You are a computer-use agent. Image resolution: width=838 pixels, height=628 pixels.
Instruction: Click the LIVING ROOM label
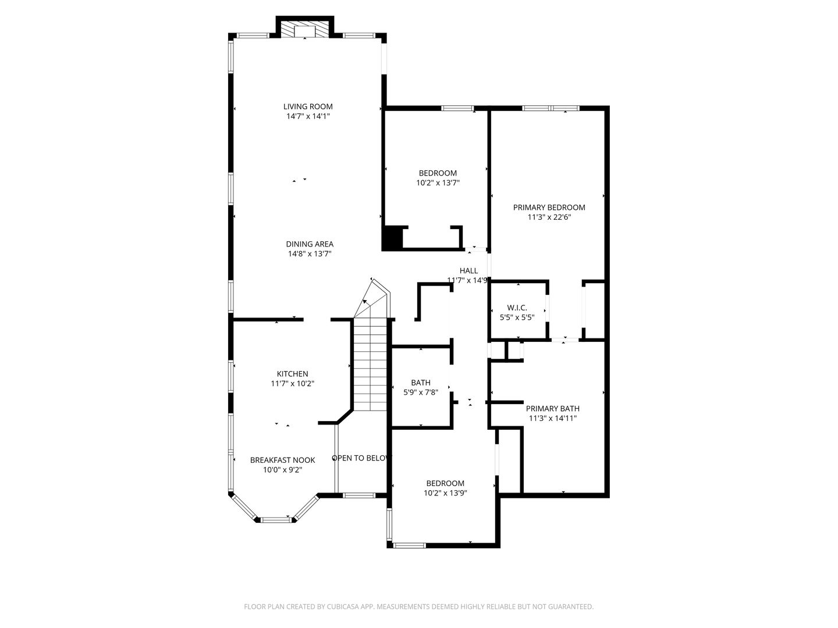(308, 107)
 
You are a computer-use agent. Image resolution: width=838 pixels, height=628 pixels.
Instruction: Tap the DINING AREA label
(310, 244)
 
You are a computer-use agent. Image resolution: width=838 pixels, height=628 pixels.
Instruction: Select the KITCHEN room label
(293, 374)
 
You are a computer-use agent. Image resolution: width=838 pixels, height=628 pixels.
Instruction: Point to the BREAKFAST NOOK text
(282, 460)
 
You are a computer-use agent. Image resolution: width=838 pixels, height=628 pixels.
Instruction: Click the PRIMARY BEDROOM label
(549, 208)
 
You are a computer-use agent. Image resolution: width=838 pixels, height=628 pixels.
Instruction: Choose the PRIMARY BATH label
(552, 408)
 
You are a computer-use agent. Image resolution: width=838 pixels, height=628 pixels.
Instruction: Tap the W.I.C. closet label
(517, 308)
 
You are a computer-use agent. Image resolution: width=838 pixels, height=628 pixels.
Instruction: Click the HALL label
(468, 271)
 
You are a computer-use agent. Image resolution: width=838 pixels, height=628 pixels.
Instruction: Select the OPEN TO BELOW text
(361, 458)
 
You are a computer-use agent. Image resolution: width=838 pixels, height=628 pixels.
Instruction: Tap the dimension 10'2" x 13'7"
(438, 183)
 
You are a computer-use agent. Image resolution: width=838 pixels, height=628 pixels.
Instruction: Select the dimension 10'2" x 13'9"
(445, 493)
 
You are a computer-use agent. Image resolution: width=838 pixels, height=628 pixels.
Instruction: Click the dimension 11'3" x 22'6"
(549, 217)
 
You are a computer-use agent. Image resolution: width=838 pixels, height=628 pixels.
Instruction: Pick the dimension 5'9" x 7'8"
(421, 392)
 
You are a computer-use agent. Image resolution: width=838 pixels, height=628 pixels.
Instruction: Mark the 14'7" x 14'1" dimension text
(308, 116)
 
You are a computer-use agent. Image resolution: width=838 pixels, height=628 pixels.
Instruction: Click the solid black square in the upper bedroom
(392, 238)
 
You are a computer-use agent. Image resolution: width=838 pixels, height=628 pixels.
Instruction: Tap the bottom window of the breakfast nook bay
(275, 519)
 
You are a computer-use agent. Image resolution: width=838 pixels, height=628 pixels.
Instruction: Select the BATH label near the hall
(421, 383)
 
